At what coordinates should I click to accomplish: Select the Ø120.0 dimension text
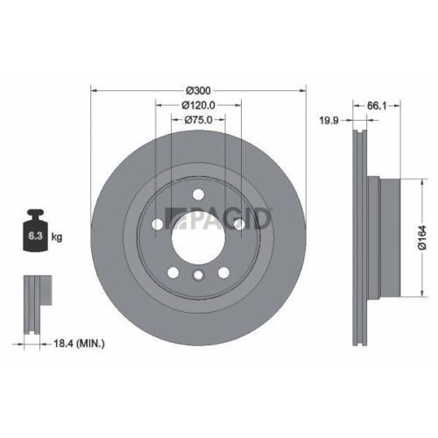pos(199,105)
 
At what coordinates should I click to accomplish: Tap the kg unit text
pos(58,237)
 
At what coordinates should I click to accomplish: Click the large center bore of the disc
pos(198,235)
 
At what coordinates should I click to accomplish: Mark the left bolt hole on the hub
pos(158,224)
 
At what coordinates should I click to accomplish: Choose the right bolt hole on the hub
pos(238,224)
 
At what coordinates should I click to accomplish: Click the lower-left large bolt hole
pos(173,270)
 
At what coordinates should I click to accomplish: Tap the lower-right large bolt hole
pos(223,270)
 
